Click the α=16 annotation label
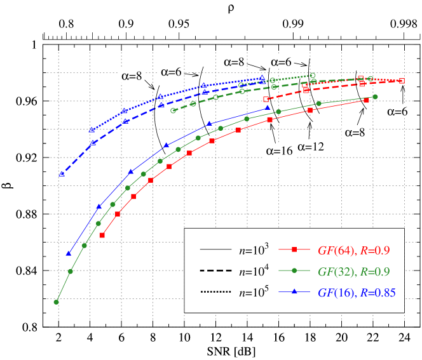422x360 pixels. tap(278, 150)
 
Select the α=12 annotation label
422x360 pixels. tap(311, 147)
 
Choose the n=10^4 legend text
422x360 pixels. tap(254, 271)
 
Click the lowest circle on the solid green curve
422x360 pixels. tap(57, 302)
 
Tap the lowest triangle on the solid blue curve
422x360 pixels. tap(69, 253)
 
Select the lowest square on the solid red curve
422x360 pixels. tap(102, 236)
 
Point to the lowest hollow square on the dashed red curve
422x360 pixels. tap(266, 100)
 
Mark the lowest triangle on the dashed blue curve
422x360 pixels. tap(62, 173)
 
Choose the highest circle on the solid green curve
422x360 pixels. tap(375, 97)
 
